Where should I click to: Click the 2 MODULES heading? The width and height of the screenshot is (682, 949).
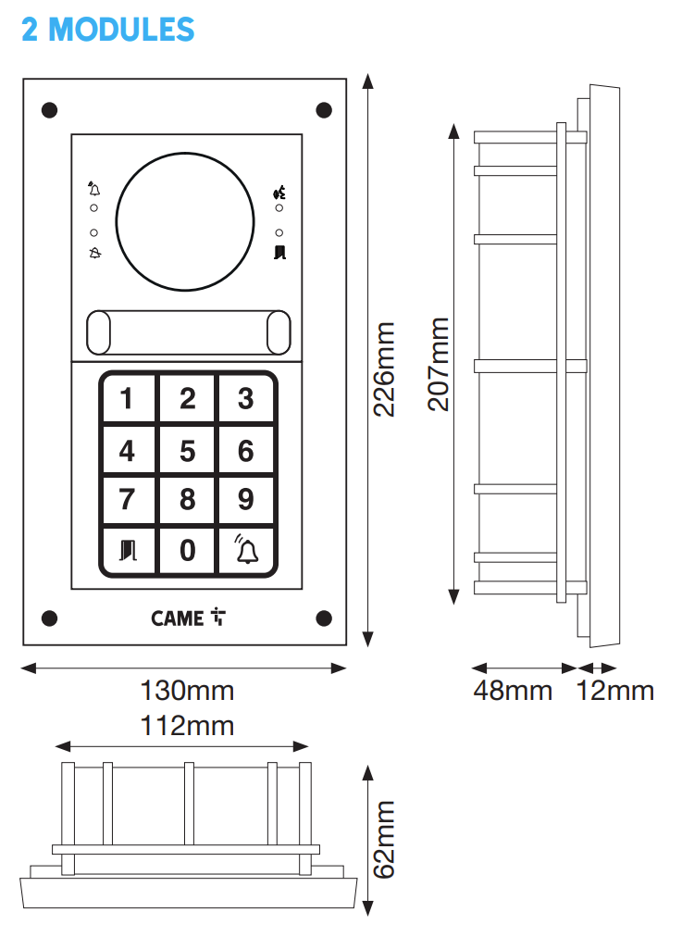coord(107,29)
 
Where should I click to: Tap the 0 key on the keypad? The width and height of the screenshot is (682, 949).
coord(188,550)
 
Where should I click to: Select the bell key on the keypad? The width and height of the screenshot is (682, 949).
coord(246,550)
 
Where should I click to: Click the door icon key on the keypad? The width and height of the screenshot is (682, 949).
coord(129,550)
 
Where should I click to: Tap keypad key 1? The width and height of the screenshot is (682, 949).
coord(129,398)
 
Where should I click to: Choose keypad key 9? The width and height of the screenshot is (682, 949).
coord(246,499)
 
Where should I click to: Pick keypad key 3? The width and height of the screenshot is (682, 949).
coord(246,398)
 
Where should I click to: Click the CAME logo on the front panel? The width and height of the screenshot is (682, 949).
coord(188,618)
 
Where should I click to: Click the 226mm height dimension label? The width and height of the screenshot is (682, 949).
coord(384,369)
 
